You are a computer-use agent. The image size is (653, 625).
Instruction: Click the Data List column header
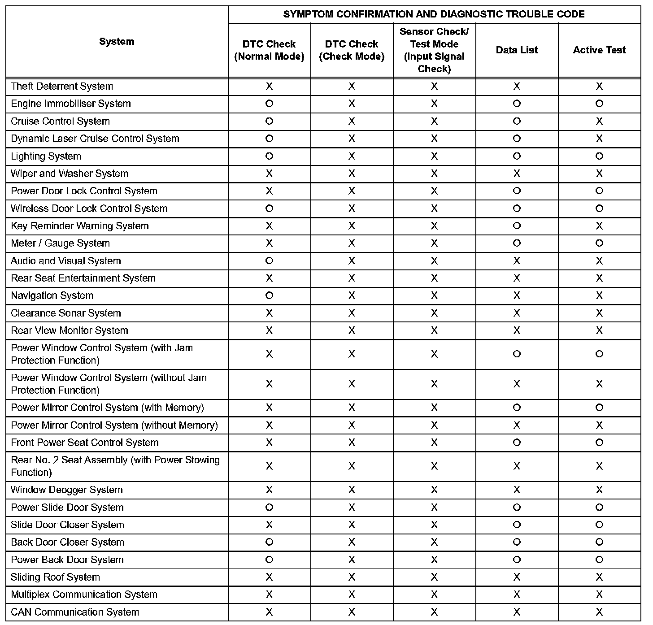pos(517,50)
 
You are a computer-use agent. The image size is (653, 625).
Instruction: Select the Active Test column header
pos(599,50)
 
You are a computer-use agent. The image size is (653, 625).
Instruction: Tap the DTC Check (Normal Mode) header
pos(269,50)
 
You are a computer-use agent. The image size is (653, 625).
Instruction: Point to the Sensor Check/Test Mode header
pos(434,50)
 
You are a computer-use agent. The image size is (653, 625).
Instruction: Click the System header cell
pos(117,42)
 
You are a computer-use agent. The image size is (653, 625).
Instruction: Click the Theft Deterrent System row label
pos(62,86)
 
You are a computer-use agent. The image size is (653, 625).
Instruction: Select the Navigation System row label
pos(52,295)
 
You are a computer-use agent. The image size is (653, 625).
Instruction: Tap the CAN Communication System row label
pos(75,612)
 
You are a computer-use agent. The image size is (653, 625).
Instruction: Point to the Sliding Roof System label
pos(55,577)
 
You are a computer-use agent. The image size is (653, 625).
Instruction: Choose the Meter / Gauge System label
pos(60,243)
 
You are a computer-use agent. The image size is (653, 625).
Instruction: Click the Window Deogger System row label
pos(66,490)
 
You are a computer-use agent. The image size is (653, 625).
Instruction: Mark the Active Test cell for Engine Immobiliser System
pos(599,104)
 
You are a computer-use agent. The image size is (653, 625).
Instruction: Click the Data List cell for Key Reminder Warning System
pos(517,226)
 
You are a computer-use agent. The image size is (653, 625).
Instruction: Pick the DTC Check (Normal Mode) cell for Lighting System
pos(269,156)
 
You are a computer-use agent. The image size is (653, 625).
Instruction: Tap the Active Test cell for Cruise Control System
pos(599,121)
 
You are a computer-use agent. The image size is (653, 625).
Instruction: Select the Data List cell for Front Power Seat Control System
pos(517,443)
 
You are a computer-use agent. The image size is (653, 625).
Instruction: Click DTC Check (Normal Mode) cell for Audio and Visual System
pos(269,261)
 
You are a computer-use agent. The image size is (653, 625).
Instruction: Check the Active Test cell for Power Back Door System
pos(599,560)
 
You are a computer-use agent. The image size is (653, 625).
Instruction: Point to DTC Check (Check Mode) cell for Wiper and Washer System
pos(352,174)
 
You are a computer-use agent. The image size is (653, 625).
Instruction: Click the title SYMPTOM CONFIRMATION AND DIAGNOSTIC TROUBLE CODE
pos(434,14)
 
